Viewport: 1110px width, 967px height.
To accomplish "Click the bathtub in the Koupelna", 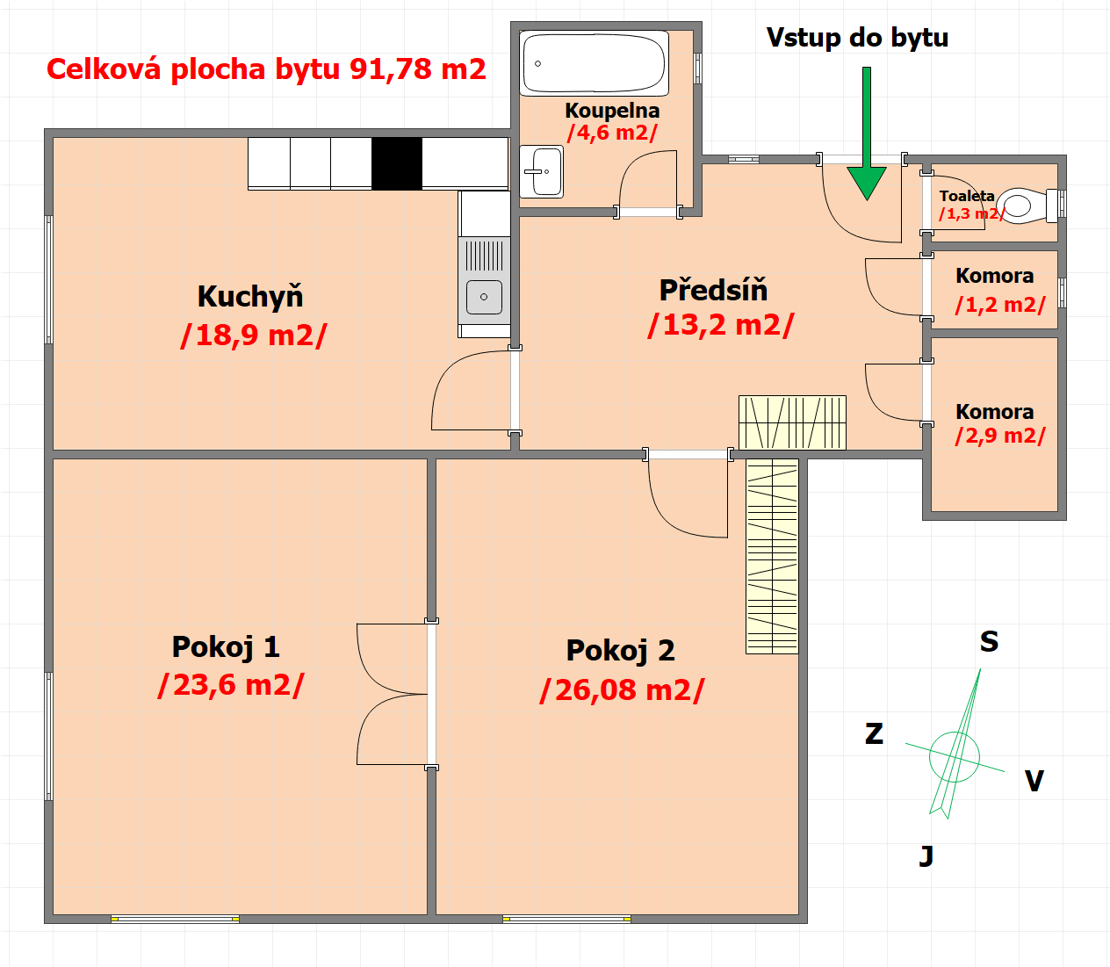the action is tap(594, 63).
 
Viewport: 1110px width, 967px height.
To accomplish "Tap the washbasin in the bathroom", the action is tap(542, 171).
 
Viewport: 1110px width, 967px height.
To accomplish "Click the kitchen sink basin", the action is tap(484, 297).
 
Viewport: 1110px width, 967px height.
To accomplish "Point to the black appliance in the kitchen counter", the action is tap(397, 162).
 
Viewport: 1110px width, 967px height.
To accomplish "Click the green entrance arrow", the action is tap(867, 134).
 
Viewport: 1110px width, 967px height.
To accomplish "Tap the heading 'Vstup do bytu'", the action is tap(857, 38).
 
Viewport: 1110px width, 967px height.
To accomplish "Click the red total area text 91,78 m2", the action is tap(418, 69).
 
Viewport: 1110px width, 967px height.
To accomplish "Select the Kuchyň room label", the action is tap(250, 296).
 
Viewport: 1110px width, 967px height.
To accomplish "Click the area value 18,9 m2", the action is tap(254, 336).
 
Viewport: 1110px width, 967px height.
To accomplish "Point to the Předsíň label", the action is tap(713, 290).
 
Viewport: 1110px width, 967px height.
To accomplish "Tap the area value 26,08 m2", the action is tap(623, 690).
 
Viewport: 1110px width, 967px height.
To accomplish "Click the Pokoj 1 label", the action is tap(226, 647).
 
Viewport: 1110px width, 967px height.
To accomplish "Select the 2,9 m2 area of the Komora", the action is tap(1000, 436).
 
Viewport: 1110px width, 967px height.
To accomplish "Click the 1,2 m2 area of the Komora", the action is tap(1000, 305).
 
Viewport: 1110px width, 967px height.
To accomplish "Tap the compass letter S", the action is tap(989, 641).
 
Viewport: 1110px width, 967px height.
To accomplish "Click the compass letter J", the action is tap(926, 856).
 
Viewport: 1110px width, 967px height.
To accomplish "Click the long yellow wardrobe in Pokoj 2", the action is tap(772, 557).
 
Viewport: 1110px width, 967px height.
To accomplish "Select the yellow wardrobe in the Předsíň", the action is tap(792, 422).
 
